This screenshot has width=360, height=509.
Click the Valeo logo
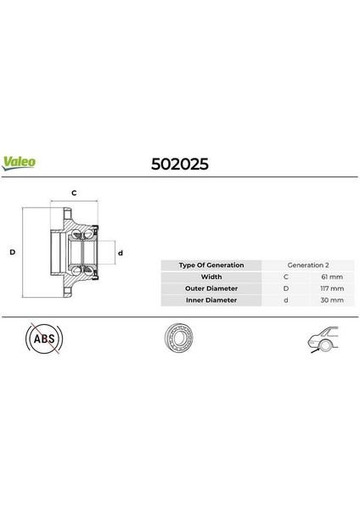[x=20, y=160]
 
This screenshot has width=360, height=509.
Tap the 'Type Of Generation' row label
[x=211, y=265]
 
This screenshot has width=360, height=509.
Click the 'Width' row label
[x=211, y=277]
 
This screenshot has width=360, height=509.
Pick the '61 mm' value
[x=332, y=277]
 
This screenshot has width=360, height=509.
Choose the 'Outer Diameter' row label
[x=211, y=288]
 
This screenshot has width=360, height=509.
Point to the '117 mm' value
[x=332, y=288]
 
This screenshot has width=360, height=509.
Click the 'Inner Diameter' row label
[x=211, y=300]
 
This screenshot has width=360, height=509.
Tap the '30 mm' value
[x=332, y=300]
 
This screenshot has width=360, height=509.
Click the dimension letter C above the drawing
[x=74, y=193]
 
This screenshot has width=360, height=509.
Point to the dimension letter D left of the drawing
[x=13, y=253]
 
